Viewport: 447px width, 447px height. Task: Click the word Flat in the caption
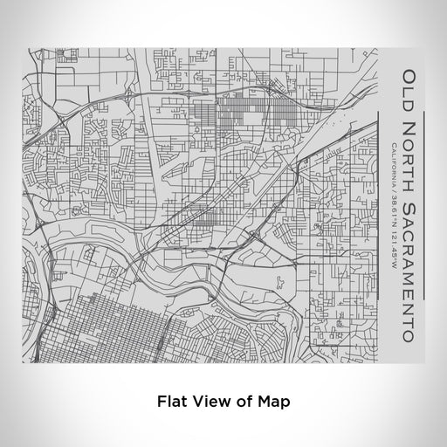coord(171,402)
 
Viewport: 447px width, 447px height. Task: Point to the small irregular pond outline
coord(279,281)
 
